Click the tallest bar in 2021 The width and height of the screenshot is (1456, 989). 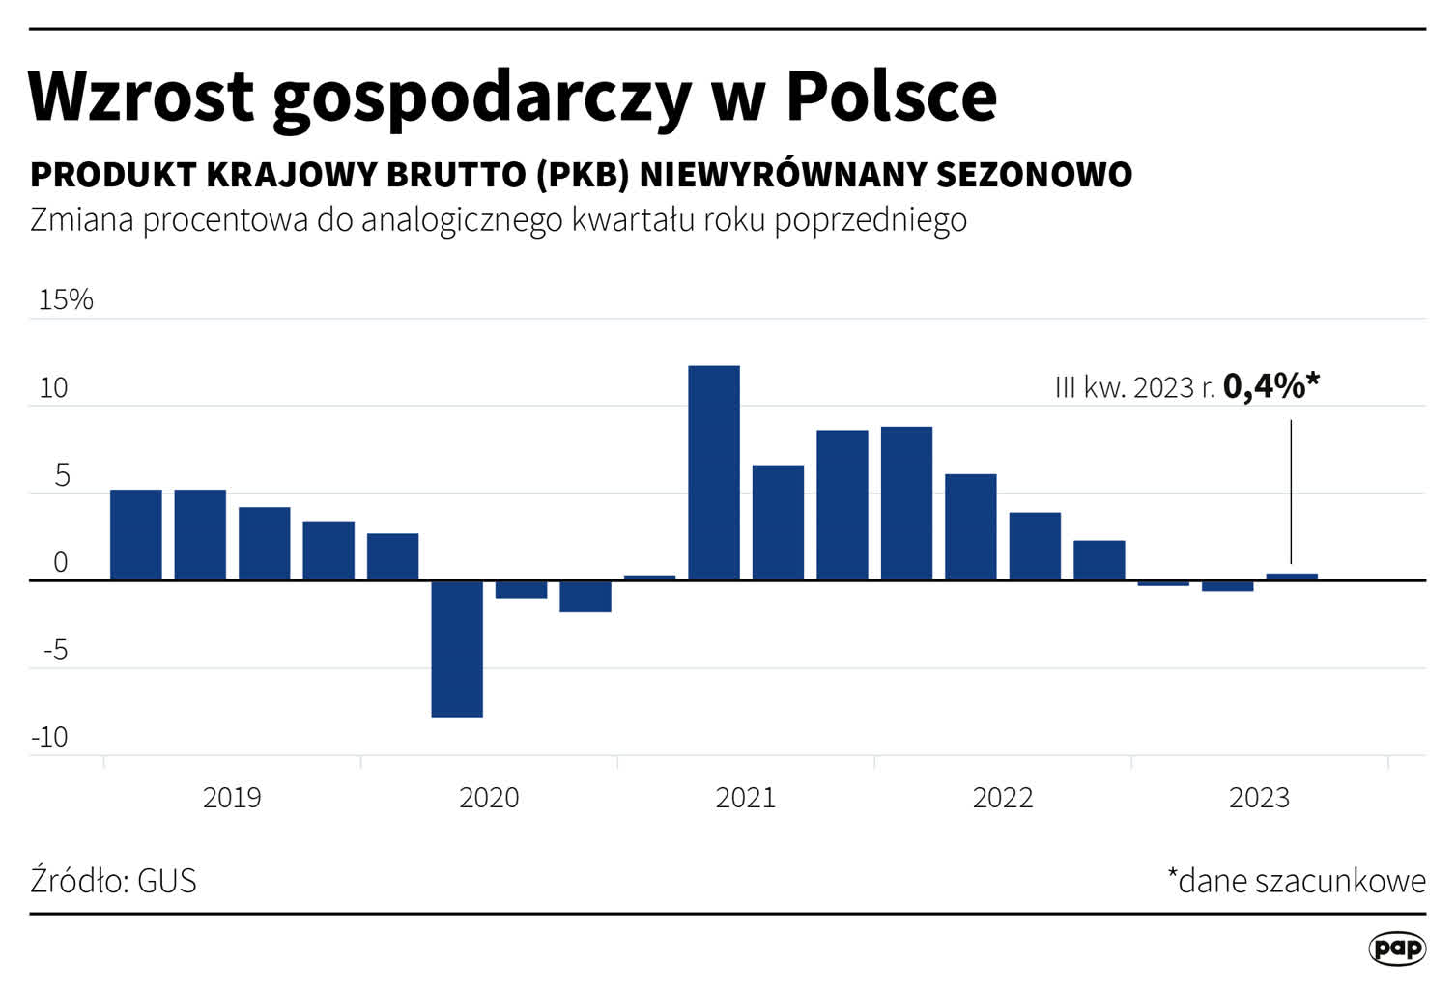tap(714, 472)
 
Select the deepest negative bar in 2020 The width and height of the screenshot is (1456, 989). tap(457, 648)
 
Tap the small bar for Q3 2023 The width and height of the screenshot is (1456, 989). tap(1292, 577)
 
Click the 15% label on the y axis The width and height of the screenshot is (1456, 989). tap(66, 299)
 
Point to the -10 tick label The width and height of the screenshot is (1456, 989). tap(50, 737)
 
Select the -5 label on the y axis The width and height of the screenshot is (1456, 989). tap(56, 650)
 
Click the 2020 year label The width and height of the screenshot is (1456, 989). tap(489, 798)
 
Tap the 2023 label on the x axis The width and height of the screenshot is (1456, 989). tap(1259, 798)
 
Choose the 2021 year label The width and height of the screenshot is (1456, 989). tap(746, 798)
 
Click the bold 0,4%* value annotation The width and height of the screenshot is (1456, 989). tap(1270, 385)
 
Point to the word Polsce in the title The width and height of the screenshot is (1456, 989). tap(891, 96)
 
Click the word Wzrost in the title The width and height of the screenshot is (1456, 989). tap(141, 96)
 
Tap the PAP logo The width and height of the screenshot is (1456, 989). tap(1397, 948)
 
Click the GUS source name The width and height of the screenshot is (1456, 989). tap(167, 881)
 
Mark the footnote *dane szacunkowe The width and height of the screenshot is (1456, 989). tap(1296, 881)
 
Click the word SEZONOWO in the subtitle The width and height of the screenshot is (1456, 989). tap(1034, 175)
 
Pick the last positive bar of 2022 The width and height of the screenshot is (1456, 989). tap(1099, 560)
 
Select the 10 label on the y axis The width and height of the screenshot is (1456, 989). tap(54, 388)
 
